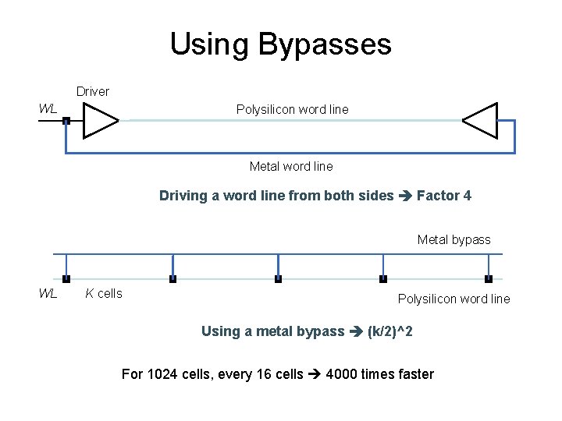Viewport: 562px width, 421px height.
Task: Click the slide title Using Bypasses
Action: tap(281, 44)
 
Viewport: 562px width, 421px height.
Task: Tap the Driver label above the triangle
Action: tap(93, 92)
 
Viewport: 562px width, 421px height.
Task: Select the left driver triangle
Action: tap(99, 121)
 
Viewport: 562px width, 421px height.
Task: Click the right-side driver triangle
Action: tap(482, 121)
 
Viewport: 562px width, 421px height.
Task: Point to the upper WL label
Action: tap(48, 109)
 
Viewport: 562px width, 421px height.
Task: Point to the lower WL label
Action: tap(48, 294)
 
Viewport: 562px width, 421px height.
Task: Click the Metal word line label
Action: tap(291, 166)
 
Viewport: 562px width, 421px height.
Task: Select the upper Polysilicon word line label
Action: tap(293, 110)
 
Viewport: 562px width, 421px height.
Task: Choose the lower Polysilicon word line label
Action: tap(454, 299)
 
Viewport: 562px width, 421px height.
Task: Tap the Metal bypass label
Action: tap(454, 239)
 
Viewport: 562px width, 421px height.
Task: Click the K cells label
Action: tap(104, 294)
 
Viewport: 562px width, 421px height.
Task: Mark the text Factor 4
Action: tap(444, 196)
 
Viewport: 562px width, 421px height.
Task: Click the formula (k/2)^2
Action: tap(390, 331)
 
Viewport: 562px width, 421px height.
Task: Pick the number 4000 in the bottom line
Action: tap(343, 374)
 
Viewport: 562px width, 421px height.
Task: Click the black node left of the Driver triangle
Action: tap(66, 121)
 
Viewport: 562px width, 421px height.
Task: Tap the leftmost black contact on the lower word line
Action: tap(66, 278)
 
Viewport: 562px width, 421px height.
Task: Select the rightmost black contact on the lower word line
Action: tap(489, 278)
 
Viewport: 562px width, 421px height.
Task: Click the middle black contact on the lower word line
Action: tap(278, 278)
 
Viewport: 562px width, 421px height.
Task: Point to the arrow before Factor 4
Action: tap(405, 196)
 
